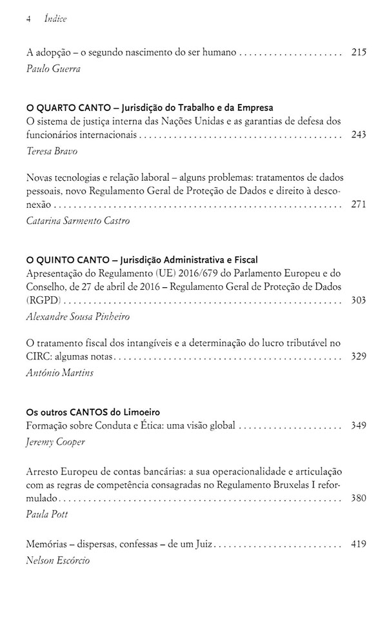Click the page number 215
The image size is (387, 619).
click(x=359, y=52)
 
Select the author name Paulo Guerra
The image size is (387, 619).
click(x=54, y=69)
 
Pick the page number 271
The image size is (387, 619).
click(x=359, y=204)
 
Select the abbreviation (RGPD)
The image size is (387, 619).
click(x=41, y=300)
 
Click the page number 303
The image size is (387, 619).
click(x=359, y=300)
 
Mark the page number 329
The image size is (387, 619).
click(x=359, y=356)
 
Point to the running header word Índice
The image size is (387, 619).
click(x=55, y=19)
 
